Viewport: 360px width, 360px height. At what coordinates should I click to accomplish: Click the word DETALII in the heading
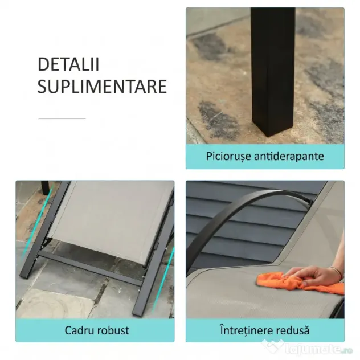click(68, 64)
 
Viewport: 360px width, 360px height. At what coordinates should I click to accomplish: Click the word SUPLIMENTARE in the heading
click(102, 87)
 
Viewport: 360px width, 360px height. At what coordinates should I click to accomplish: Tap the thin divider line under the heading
click(62, 118)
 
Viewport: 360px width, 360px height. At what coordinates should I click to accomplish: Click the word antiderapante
click(289, 156)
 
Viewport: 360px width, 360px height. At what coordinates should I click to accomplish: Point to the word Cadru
click(79, 330)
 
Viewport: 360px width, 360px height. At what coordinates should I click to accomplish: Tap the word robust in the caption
click(113, 330)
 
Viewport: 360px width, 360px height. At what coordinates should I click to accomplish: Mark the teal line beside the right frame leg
click(162, 280)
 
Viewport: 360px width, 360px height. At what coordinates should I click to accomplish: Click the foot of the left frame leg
click(24, 276)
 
